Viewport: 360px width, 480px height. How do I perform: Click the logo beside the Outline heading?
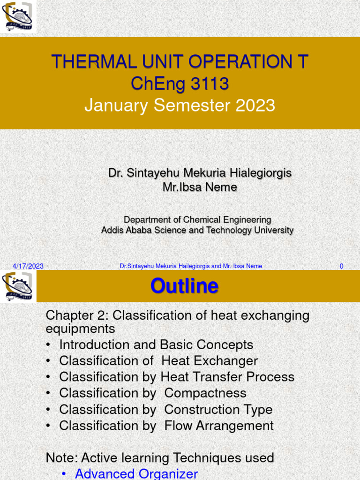coord(17,286)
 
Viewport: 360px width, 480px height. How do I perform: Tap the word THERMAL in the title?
coord(94,61)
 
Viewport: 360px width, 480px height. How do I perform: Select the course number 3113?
coord(210,83)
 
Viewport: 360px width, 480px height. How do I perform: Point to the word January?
coord(116,106)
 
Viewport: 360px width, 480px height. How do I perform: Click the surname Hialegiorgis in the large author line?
coord(261,173)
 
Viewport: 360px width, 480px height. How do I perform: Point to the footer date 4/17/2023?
coord(28,266)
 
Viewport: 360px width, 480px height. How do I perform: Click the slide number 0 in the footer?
coord(341,266)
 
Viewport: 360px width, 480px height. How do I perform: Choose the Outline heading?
coord(184,286)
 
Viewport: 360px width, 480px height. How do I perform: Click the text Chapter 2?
coord(77,315)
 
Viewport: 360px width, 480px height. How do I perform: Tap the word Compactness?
coord(205,393)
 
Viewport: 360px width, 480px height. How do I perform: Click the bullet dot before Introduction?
coord(48,345)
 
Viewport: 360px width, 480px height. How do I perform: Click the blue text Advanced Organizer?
coord(136,473)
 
